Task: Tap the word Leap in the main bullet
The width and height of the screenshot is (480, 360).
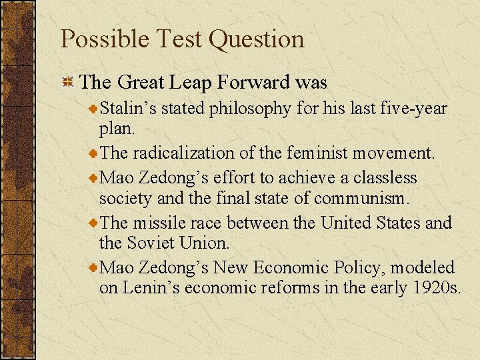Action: click(x=190, y=83)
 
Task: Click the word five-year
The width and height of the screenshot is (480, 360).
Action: click(x=413, y=108)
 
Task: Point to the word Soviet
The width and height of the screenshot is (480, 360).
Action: click(x=150, y=243)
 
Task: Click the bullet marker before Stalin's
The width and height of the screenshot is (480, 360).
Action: click(x=94, y=108)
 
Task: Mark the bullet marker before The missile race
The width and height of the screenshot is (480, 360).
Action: click(x=94, y=223)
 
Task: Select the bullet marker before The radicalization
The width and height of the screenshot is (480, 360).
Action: click(x=94, y=153)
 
